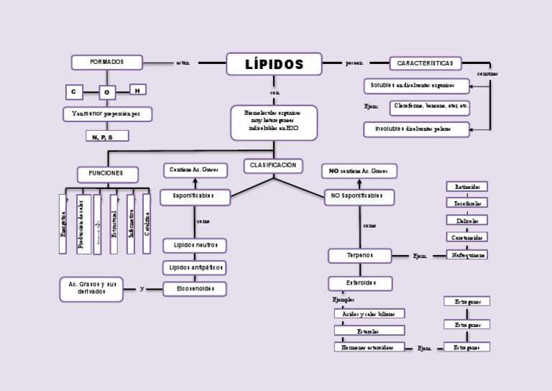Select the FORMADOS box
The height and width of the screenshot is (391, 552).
106,62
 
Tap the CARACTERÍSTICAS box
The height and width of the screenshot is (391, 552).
425,63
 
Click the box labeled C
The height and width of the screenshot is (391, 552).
73,92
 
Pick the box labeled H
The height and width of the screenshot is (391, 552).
137,90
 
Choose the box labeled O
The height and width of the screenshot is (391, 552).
107,92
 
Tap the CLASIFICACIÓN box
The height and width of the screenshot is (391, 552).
272,165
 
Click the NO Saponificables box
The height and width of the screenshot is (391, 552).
359,196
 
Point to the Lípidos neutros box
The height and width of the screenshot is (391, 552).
194,245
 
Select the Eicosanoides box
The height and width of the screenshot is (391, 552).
194,289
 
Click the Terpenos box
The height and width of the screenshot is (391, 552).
359,255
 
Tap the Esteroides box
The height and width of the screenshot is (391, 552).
359,283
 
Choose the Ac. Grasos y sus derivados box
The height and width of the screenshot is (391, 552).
91,289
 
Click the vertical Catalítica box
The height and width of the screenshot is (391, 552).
147,224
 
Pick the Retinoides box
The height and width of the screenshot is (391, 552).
466,186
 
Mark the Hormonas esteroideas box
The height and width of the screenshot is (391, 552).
369,347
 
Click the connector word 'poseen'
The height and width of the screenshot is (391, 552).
354,63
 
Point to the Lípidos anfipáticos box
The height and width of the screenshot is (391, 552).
194,267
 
